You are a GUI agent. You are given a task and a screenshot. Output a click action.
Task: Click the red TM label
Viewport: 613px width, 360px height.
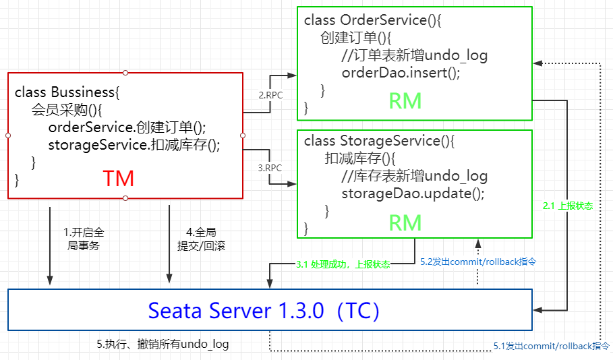[119, 179]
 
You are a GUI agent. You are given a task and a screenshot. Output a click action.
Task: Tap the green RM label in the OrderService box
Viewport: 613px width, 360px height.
[405, 101]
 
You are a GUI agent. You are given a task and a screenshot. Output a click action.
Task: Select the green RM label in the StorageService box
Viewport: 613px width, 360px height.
[405, 222]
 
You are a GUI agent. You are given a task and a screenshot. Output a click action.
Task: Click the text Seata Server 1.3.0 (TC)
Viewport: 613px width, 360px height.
[264, 311]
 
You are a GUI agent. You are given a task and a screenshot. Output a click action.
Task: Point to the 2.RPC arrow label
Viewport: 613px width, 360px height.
[270, 95]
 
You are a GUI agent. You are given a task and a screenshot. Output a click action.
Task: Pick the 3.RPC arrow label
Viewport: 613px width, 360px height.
[270, 167]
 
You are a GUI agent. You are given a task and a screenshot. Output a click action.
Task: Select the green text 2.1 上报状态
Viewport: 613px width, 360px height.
[568, 206]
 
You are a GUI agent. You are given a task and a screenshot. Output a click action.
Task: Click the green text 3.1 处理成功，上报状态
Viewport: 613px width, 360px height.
[343, 265]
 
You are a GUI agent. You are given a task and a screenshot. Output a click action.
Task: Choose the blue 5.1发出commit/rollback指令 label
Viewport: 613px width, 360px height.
[551, 346]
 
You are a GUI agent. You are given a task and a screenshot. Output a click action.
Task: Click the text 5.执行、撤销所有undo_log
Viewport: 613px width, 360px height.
[163, 344]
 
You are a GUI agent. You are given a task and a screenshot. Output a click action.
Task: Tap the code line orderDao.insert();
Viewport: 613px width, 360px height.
[401, 73]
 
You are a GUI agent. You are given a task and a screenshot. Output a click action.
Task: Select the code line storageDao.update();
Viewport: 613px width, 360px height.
[413, 193]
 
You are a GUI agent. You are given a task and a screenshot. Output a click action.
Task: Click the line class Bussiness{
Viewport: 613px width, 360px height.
[66, 92]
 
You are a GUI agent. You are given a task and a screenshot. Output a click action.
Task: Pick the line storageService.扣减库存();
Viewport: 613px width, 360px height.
[134, 144]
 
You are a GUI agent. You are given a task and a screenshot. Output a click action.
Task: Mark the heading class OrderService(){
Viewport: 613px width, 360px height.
[372, 20]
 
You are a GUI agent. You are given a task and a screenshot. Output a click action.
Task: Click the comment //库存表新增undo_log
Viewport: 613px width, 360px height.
[414, 176]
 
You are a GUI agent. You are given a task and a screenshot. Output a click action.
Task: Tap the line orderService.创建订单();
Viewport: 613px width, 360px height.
[127, 127]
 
